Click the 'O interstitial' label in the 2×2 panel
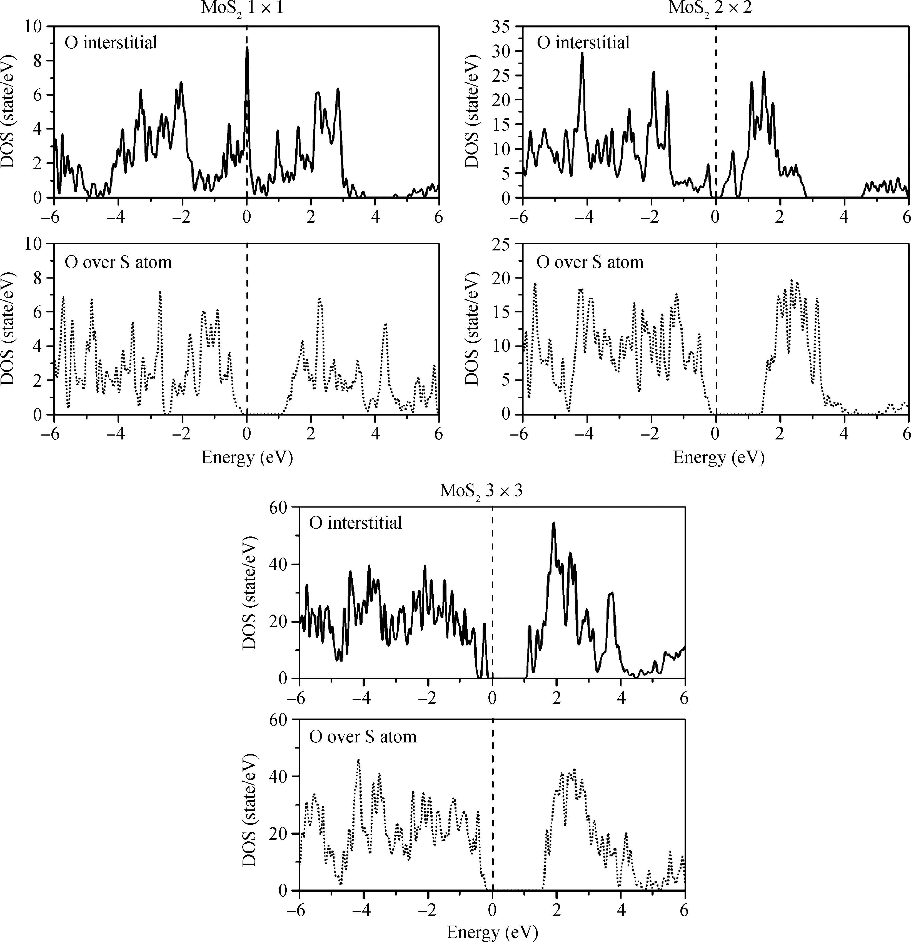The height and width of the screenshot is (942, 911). click(x=583, y=43)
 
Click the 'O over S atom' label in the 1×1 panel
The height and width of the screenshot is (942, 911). click(x=118, y=262)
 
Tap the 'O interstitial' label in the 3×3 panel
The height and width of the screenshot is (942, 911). click(x=355, y=523)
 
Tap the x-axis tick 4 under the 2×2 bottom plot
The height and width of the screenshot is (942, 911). click(x=844, y=434)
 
